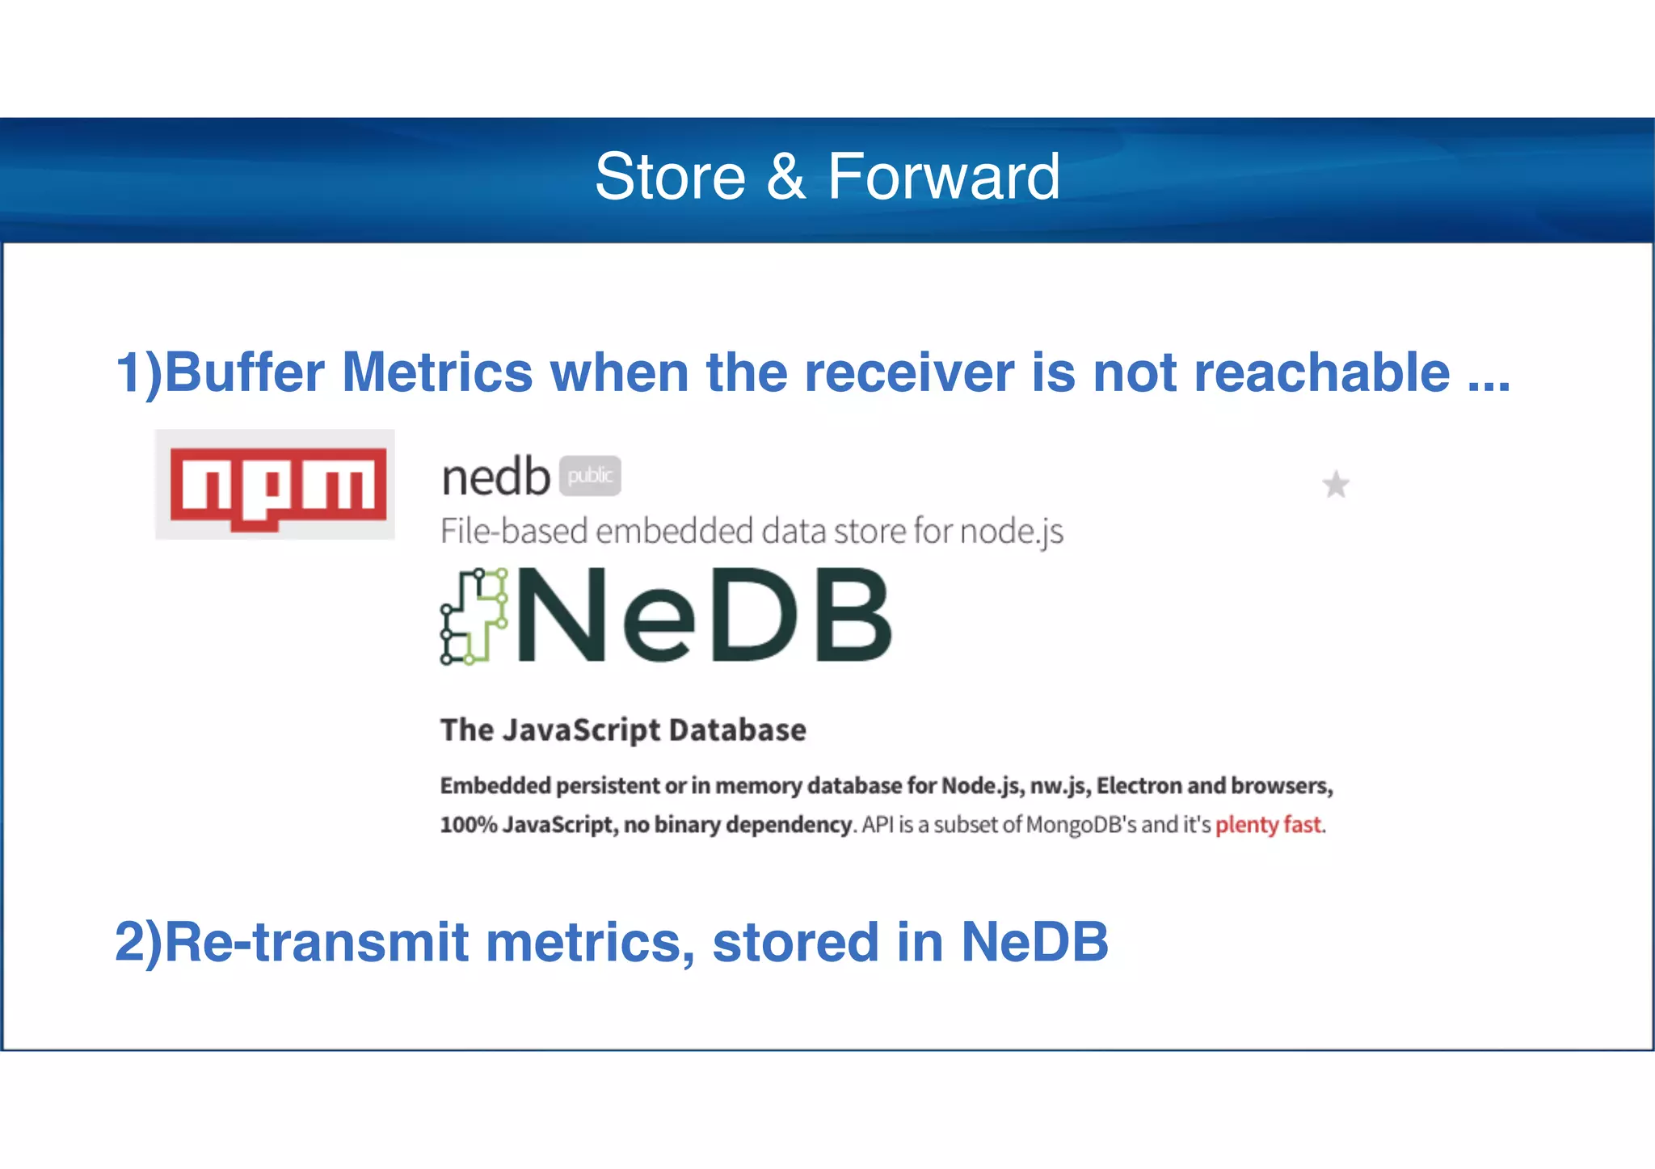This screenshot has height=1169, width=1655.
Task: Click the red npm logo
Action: (276, 486)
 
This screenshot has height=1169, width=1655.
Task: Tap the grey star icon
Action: (1335, 485)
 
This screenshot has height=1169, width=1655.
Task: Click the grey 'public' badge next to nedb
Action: (590, 476)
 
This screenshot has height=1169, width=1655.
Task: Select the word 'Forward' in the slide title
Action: (943, 177)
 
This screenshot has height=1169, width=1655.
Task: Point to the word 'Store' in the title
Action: (670, 177)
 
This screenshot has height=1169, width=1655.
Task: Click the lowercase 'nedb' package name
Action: (495, 477)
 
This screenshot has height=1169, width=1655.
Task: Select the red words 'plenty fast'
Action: (1268, 825)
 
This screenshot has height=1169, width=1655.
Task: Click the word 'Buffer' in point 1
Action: (243, 372)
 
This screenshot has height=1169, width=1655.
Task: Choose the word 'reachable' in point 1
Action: (1321, 372)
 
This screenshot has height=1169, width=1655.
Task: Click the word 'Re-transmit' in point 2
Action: (315, 942)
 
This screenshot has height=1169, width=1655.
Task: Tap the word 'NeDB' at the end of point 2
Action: (1034, 942)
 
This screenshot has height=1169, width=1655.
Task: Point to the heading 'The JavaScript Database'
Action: (623, 730)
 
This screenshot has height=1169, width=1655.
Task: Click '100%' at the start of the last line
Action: (468, 825)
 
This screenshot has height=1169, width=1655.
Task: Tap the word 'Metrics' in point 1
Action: (437, 372)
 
